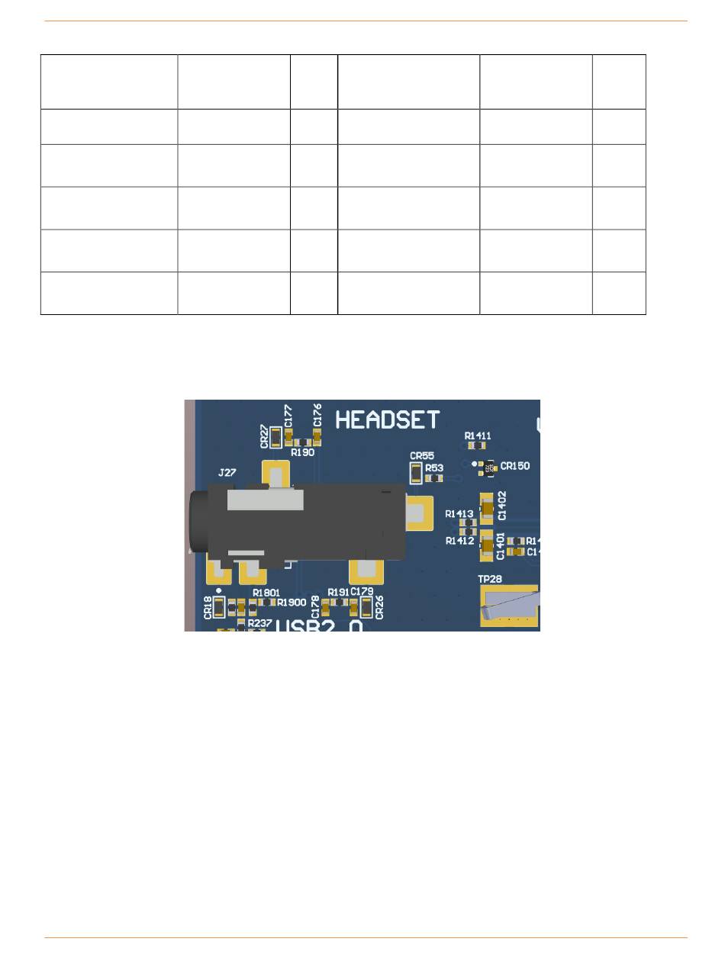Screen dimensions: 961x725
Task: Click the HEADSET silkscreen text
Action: (x=387, y=420)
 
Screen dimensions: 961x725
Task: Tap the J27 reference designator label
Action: (x=227, y=473)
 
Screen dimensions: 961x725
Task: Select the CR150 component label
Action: (x=515, y=466)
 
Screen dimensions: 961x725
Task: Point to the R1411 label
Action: (x=478, y=436)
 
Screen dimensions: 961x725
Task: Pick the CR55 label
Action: (x=422, y=455)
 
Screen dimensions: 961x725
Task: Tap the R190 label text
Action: (x=302, y=452)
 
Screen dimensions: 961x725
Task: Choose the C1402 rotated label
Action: (x=502, y=506)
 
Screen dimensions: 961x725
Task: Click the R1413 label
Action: (x=459, y=514)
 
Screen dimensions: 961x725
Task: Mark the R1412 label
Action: (x=459, y=541)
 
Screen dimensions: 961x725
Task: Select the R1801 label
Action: (x=267, y=592)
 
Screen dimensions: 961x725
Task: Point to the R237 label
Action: (x=259, y=622)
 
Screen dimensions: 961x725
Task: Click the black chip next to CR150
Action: (x=491, y=467)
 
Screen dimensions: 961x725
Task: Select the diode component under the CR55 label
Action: (x=415, y=473)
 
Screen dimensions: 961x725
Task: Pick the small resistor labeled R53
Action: (x=433, y=478)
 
